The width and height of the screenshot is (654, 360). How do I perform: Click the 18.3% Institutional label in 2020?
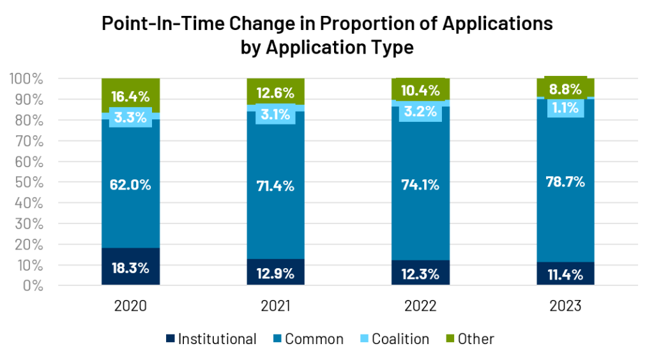[x=130, y=268]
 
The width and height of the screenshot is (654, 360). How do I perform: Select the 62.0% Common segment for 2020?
[x=130, y=184]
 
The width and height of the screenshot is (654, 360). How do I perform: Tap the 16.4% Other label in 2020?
[x=130, y=96]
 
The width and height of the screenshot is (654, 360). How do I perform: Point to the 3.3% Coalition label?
[x=130, y=117]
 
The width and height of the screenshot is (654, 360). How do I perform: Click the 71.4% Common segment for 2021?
[x=275, y=185]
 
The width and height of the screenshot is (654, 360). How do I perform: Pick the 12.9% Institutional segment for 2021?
[x=275, y=272]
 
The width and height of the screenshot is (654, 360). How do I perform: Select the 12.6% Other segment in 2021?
[x=275, y=91]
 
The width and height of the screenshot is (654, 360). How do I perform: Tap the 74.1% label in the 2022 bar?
[x=420, y=185]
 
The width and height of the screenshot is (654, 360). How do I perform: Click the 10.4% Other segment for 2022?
[x=420, y=89]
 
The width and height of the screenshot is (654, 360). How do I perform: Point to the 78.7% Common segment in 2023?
[x=565, y=181]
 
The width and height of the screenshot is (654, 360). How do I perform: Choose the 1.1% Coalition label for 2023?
[x=565, y=109]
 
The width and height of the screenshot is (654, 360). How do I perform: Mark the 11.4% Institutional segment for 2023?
[x=565, y=274]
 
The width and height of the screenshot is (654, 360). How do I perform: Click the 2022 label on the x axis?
[x=420, y=306]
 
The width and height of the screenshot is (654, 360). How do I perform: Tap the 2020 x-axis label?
[x=130, y=306]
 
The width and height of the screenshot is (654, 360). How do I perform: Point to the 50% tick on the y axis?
[x=29, y=182]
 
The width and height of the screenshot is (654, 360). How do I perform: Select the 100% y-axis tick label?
[x=26, y=79]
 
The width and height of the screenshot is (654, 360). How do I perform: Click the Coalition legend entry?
[x=395, y=339]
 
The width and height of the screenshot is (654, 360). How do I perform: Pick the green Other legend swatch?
[x=450, y=338]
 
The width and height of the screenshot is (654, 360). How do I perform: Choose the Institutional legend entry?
[x=211, y=339]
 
